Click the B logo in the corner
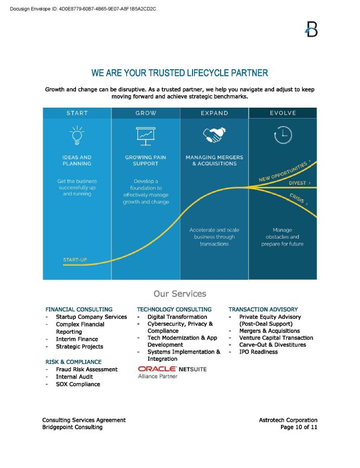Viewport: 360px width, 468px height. pyautogui.click(x=311, y=29)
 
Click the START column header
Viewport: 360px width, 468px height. pyautogui.click(x=77, y=113)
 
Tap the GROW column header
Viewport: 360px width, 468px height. pyautogui.click(x=146, y=113)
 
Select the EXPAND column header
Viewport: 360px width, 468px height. pyautogui.click(x=214, y=113)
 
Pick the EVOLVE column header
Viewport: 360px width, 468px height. pyautogui.click(x=282, y=113)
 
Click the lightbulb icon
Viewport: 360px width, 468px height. pyautogui.click(x=77, y=135)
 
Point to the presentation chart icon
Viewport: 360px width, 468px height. pyautogui.click(x=146, y=136)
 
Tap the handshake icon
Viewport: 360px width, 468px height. pyautogui.click(x=214, y=135)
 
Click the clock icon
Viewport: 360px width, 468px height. pyautogui.click(x=282, y=135)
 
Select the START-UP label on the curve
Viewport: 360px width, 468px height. pyautogui.click(x=75, y=259)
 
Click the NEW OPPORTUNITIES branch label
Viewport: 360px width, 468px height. pyautogui.click(x=285, y=171)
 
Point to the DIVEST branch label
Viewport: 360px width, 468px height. pyautogui.click(x=300, y=183)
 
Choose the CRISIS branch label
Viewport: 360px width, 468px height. pyautogui.click(x=298, y=199)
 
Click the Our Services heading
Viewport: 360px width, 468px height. pyautogui.click(x=179, y=294)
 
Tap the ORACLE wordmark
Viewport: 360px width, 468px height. pyautogui.click(x=157, y=369)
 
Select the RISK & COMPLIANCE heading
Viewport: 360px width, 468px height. pyautogui.click(x=73, y=362)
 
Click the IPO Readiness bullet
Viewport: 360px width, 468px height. pyautogui.click(x=258, y=352)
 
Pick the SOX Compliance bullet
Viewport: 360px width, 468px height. pyautogui.click(x=78, y=384)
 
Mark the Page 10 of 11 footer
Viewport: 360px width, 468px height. pyautogui.click(x=299, y=427)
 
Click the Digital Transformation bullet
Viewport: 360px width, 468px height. pyautogui.click(x=177, y=317)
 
